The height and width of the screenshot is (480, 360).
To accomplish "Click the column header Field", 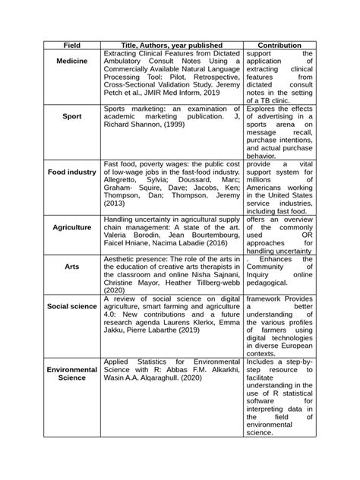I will point(72,46).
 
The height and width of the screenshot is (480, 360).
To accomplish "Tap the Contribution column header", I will point(279,46).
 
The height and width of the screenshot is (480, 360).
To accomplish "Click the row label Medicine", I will point(72,60).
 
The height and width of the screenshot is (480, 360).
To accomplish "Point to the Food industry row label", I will point(72,172).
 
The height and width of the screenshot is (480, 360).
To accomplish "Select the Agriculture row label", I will point(72,227).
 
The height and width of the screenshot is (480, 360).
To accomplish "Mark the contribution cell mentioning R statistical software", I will point(279,398).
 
